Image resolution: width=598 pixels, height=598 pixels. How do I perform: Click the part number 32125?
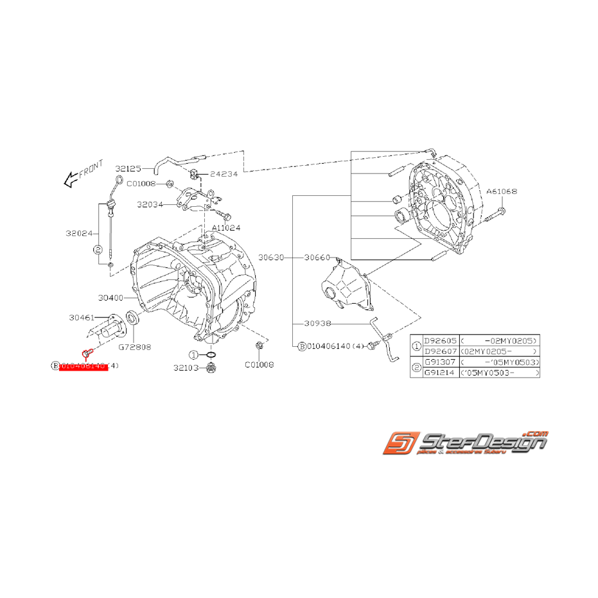128,169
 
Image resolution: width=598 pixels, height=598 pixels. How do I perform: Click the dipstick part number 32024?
79,234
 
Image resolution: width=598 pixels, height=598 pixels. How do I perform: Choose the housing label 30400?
110,298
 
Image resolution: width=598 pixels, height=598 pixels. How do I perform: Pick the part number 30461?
82,317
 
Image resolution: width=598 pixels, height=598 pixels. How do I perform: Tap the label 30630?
271,257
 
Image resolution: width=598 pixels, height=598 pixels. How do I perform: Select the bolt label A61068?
501,191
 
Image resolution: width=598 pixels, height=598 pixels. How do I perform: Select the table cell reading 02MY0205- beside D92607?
499,351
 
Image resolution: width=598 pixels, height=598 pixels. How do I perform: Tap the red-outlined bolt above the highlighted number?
87,353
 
